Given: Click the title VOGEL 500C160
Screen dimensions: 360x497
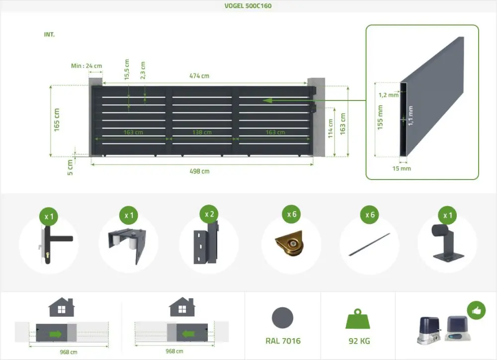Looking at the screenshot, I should (x=248, y=6).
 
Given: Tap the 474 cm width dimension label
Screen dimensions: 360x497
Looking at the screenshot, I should (x=199, y=76).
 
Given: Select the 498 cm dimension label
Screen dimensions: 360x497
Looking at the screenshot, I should (x=199, y=172).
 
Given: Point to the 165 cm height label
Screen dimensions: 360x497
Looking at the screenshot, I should (x=57, y=120).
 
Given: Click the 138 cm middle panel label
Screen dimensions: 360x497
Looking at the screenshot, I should (x=202, y=132).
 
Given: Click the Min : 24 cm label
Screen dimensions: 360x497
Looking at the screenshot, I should (x=86, y=66).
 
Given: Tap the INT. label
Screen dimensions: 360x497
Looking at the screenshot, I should (x=49, y=35).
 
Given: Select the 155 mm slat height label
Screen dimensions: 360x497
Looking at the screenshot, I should (x=380, y=117).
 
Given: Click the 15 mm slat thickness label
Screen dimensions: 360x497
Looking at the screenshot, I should (x=402, y=169).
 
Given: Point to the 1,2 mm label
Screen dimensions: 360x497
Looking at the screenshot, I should (x=388, y=95).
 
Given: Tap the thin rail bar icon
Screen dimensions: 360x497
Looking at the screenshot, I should (x=369, y=245).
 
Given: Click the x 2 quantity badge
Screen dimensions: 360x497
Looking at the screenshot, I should (x=210, y=214).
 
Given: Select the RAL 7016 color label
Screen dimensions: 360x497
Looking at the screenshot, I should (x=283, y=341).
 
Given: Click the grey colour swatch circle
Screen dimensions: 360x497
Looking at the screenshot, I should (x=283, y=317).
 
